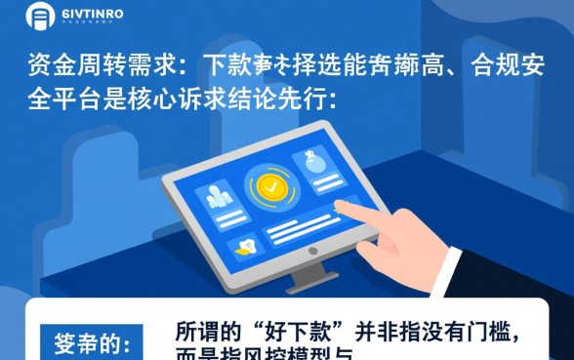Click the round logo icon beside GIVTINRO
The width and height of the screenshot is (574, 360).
[40, 16]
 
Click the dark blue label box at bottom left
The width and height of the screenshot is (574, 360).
[92, 344]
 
